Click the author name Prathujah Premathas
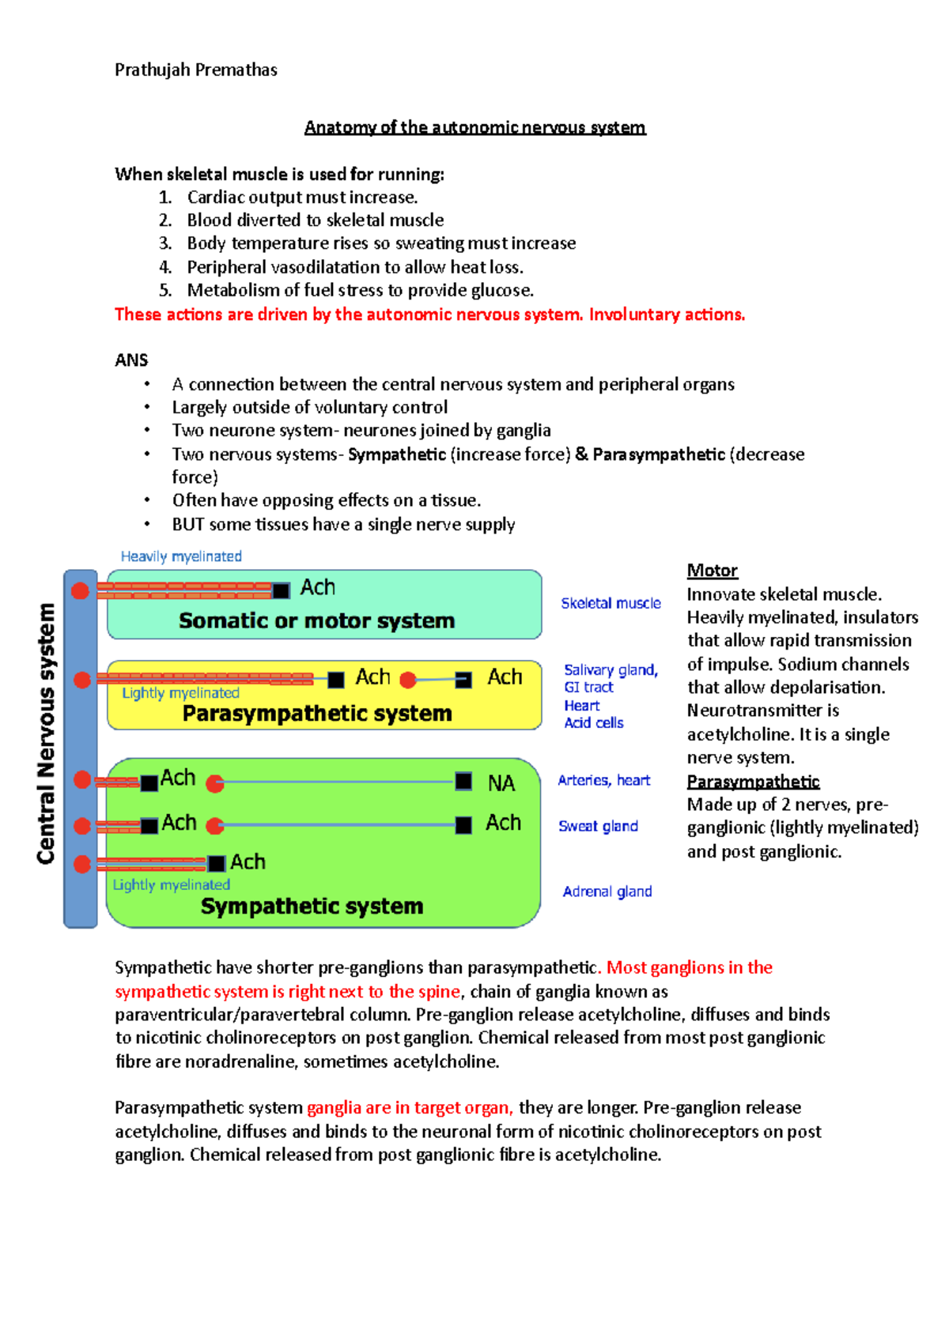click(195, 70)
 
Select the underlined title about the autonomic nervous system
click(475, 127)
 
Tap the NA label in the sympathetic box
click(501, 783)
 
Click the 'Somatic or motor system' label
click(316, 620)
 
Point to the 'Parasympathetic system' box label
click(316, 713)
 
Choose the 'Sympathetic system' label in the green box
click(312, 906)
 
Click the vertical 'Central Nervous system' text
click(46, 733)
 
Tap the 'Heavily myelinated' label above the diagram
click(181, 556)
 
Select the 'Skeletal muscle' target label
click(611, 603)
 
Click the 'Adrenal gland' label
click(607, 892)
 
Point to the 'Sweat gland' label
click(598, 826)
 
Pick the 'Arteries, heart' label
click(603, 780)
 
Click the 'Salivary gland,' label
click(611, 670)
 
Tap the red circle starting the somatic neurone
click(80, 590)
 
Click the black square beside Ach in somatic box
click(281, 590)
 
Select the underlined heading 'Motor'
click(712, 571)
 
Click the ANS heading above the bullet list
click(131, 360)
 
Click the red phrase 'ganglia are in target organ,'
click(410, 1107)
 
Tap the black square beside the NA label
click(463, 782)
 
